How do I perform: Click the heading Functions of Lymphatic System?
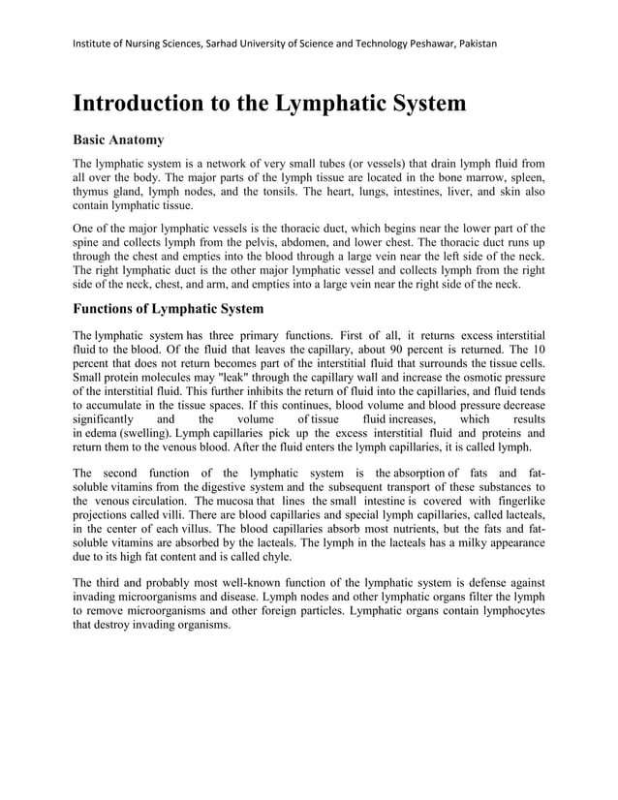click(x=168, y=309)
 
